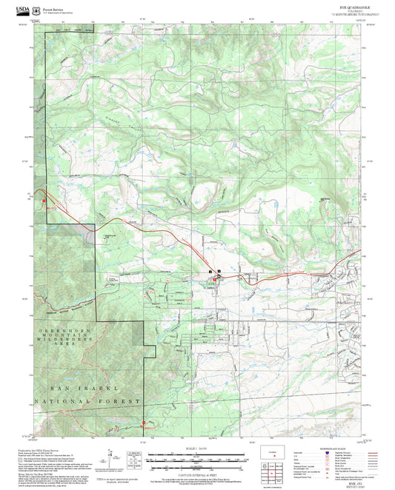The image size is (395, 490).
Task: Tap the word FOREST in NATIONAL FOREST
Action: tap(119, 400)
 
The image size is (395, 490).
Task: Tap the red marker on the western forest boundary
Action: tap(44, 201)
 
